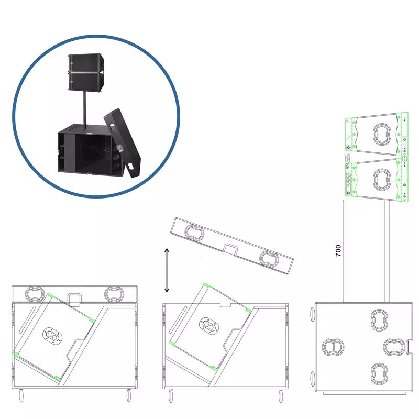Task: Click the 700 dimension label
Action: point(338,251)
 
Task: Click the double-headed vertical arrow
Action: point(167,270)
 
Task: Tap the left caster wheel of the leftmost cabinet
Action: point(21,395)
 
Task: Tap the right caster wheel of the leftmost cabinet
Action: point(128,395)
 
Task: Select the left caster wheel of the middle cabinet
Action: point(171,396)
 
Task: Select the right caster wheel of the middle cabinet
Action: point(281,396)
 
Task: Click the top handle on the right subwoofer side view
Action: point(379,320)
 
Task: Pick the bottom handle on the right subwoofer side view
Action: point(379,374)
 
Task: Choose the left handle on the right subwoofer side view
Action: point(333,347)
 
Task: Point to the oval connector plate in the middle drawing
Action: point(209,326)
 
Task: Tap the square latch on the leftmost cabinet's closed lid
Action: point(74,300)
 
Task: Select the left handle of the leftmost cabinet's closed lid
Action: point(35,294)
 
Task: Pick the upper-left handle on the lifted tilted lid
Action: point(194,233)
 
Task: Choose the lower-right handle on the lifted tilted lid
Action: point(269,259)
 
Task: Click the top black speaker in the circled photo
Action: point(86,63)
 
